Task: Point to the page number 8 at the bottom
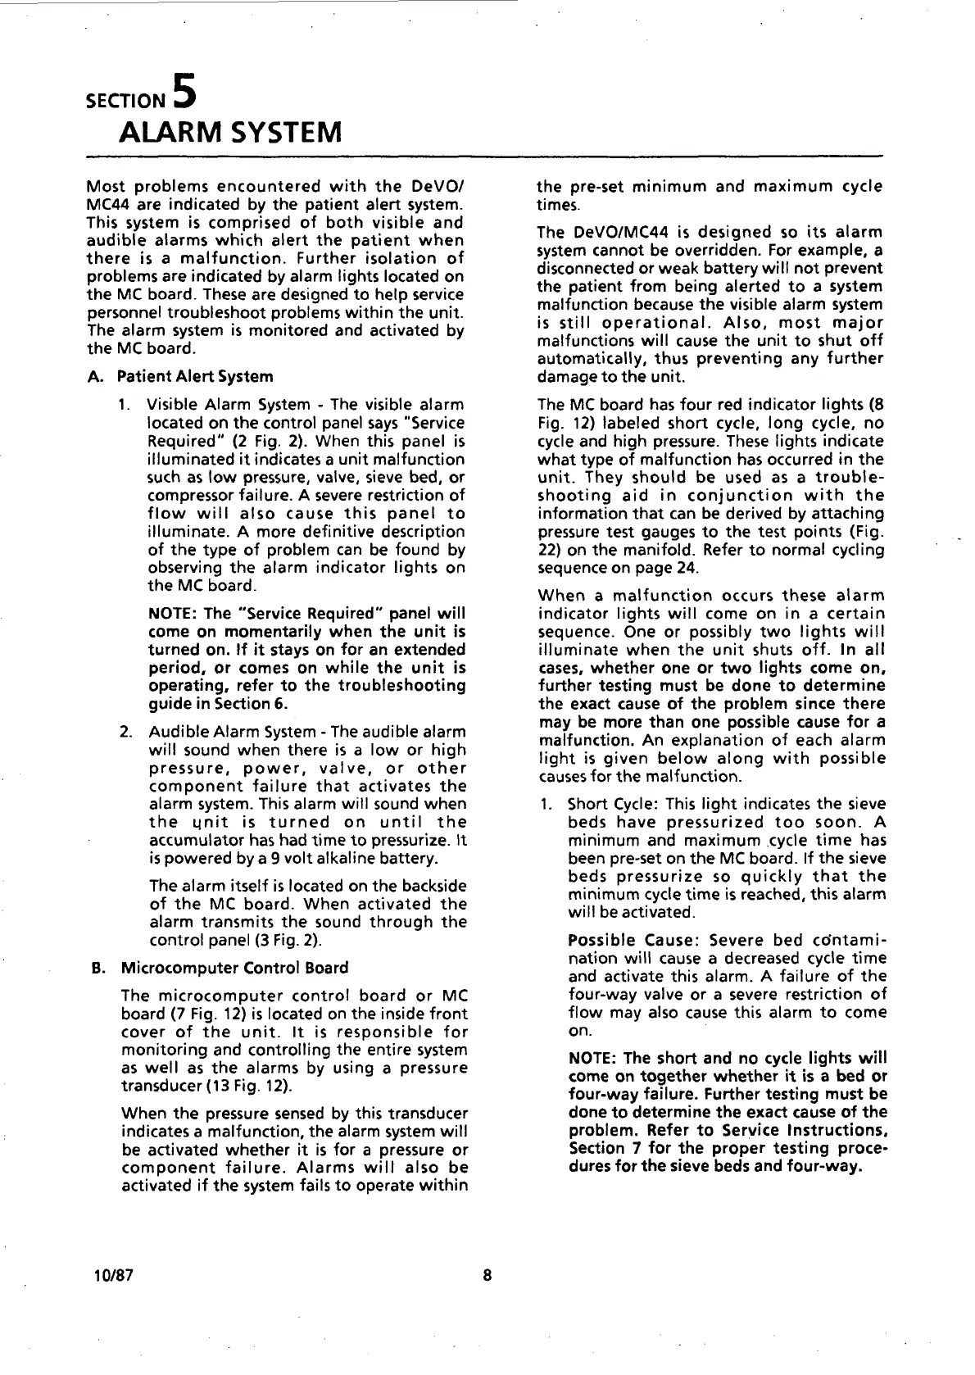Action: (x=487, y=1276)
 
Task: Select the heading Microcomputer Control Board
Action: (x=234, y=968)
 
